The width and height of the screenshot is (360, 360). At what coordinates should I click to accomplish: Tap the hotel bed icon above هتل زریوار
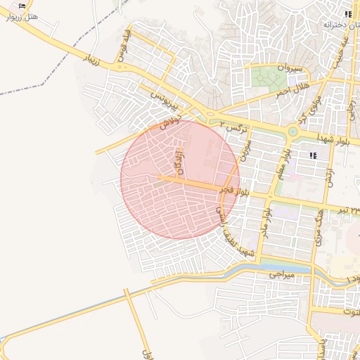pos(22,5)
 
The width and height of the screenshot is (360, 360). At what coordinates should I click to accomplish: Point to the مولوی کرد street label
pos(310,110)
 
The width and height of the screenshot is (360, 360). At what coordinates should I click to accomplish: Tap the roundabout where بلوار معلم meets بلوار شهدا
pos(292,131)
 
